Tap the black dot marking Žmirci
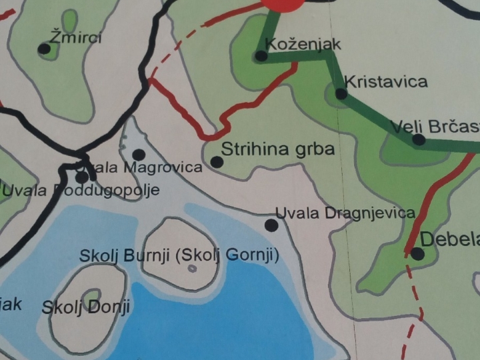[44, 49]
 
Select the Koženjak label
[303, 44]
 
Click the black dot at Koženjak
[261, 56]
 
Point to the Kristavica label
[385, 81]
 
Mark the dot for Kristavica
[341, 94]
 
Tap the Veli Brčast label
[435, 126]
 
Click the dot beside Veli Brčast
[418, 139]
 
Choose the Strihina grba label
[277, 149]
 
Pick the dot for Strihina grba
[217, 161]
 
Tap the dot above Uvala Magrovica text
[139, 154]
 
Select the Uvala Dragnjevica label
[345, 213]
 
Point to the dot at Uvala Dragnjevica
[271, 225]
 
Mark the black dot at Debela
[417, 253]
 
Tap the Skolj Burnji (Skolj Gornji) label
[179, 255]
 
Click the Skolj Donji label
[85, 307]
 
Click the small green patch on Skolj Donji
[91, 295]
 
